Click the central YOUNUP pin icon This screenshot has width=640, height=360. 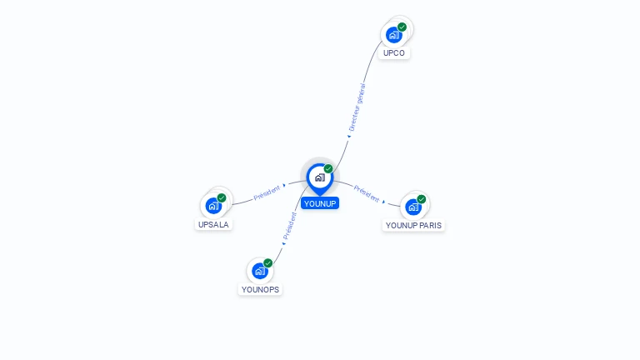point(319,177)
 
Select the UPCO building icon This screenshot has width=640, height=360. point(393,35)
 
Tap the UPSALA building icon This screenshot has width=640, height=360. point(213,205)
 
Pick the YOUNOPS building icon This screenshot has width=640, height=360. point(260,271)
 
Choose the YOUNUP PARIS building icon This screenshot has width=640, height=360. point(413,207)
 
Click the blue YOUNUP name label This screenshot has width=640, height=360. point(320,203)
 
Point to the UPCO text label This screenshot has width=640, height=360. point(394,52)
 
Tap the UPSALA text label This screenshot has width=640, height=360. point(213,224)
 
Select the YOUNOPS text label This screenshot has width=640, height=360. point(261,289)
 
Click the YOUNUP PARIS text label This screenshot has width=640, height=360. point(414,225)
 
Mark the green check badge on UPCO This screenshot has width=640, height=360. point(402,27)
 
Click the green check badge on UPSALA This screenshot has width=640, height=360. point(222,197)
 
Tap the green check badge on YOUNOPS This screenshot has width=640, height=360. point(267,262)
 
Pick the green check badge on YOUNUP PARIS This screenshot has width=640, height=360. point(422,199)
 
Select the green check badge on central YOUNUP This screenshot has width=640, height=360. point(328,168)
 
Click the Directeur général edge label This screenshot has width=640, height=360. point(357,107)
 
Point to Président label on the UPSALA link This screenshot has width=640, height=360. point(267,192)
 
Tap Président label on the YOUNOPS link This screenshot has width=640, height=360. point(290,225)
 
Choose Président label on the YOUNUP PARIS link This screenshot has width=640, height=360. point(366,191)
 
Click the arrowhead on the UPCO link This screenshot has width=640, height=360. point(349,136)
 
